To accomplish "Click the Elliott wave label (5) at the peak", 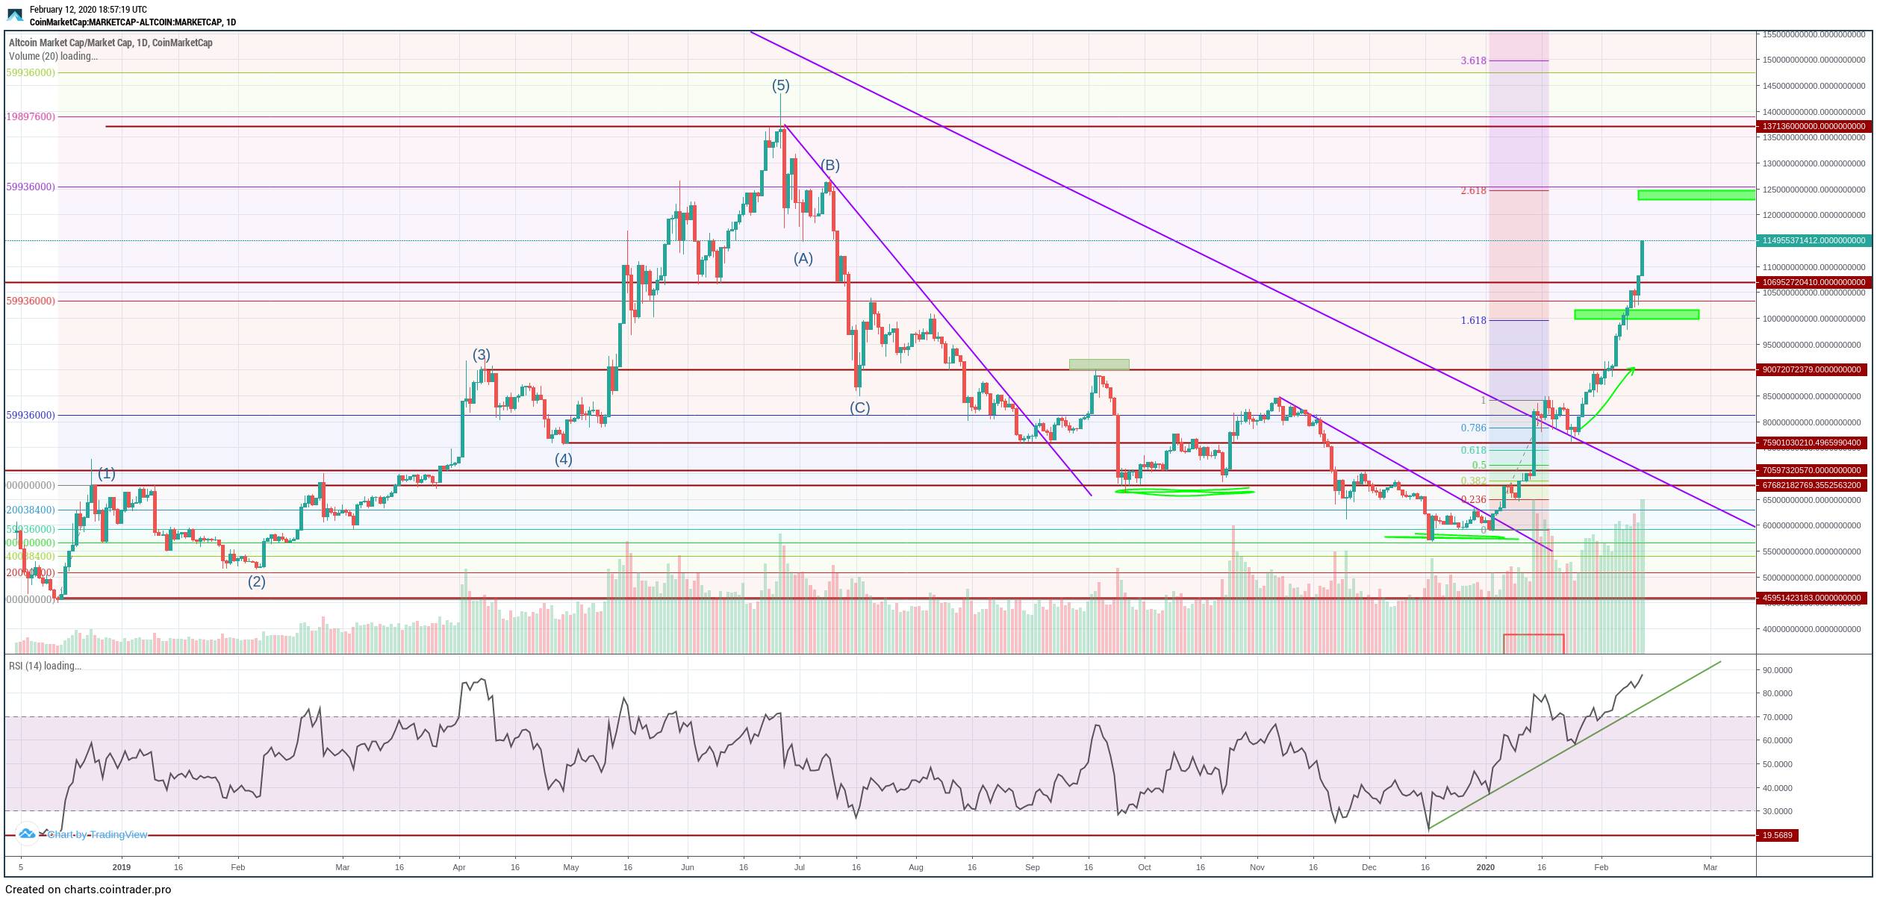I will [x=780, y=86].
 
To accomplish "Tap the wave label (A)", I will [x=803, y=259].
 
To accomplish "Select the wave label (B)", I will [x=830, y=165].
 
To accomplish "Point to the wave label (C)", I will [x=859, y=408].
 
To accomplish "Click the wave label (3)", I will [x=481, y=355].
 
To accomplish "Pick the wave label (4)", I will [x=563, y=460].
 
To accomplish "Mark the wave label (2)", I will [x=256, y=582].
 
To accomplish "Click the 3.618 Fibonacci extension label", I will [x=1473, y=61].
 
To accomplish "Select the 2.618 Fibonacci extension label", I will [x=1473, y=191].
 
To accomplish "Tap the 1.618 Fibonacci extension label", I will [x=1473, y=321].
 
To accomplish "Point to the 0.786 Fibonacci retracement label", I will [x=1473, y=428].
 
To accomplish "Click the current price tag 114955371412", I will [x=1813, y=241].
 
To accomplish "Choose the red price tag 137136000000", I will [x=1813, y=127].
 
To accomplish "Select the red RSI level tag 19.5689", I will [x=1777, y=836].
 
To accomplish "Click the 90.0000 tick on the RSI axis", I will [x=1777, y=671].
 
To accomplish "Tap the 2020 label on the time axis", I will [x=1485, y=868].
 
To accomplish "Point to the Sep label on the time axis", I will [x=1032, y=868].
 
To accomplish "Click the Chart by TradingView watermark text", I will [x=97, y=835].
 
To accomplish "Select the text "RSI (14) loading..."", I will [x=45, y=666].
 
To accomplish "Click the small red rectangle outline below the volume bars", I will [x=1533, y=644].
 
